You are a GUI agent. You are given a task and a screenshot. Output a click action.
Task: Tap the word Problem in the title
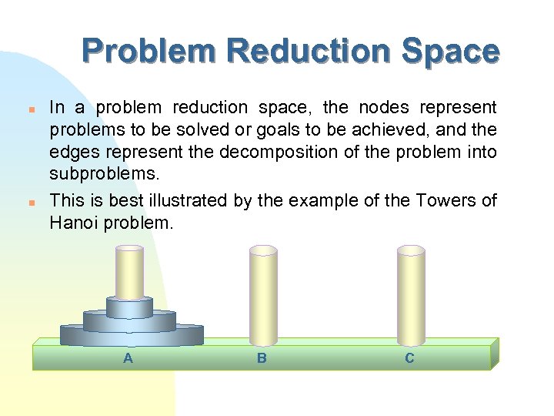coord(149,52)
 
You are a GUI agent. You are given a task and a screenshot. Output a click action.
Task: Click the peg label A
coord(128,358)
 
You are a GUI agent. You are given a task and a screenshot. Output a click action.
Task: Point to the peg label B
coord(262,358)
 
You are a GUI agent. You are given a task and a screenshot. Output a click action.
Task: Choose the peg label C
coord(409,358)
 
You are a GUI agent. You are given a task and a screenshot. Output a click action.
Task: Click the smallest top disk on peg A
coord(129,308)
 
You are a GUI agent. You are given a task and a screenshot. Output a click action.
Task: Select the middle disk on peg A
coord(129,321)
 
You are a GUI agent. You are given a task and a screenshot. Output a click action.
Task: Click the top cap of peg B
coord(263,250)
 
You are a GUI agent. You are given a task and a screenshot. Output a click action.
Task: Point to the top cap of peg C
coord(411,250)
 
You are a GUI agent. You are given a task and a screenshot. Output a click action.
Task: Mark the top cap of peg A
coord(129,248)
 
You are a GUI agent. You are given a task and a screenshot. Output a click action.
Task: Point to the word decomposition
coord(280,152)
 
